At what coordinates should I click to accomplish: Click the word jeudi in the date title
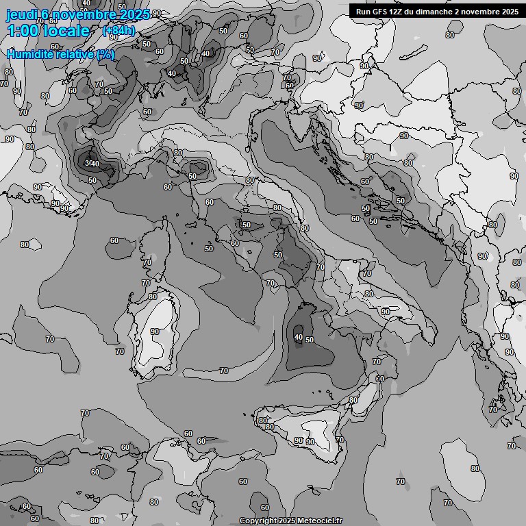click(21, 14)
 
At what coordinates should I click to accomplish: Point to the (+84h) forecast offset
click(118, 31)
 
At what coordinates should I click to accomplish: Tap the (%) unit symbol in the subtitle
click(105, 54)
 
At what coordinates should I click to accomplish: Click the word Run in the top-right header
click(363, 11)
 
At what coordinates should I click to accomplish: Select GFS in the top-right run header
click(381, 11)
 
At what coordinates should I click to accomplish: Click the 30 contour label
click(88, 162)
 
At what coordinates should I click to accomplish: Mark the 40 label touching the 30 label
click(96, 164)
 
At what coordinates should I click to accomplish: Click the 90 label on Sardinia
click(155, 331)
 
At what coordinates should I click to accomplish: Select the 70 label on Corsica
click(147, 262)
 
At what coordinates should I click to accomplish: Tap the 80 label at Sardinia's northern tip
click(153, 297)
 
